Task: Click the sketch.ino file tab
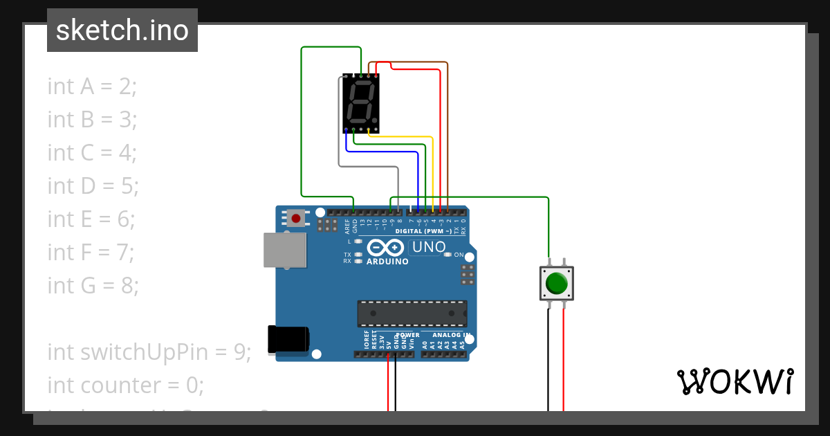click(x=122, y=30)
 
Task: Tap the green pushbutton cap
click(x=556, y=284)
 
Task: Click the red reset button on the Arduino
click(x=296, y=218)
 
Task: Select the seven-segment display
click(x=361, y=103)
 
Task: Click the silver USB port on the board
click(x=284, y=250)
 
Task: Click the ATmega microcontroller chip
click(x=412, y=313)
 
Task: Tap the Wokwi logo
click(x=735, y=381)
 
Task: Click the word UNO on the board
click(x=428, y=247)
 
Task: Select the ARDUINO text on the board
click(x=387, y=262)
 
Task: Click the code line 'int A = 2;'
click(x=92, y=87)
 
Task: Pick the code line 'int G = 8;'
click(x=93, y=285)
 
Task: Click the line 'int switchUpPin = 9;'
click(x=149, y=352)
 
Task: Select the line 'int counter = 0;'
click(x=125, y=385)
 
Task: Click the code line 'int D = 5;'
click(x=93, y=185)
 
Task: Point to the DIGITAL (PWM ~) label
click(x=423, y=230)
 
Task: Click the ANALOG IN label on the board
click(x=452, y=335)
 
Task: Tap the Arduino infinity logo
click(x=385, y=248)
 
